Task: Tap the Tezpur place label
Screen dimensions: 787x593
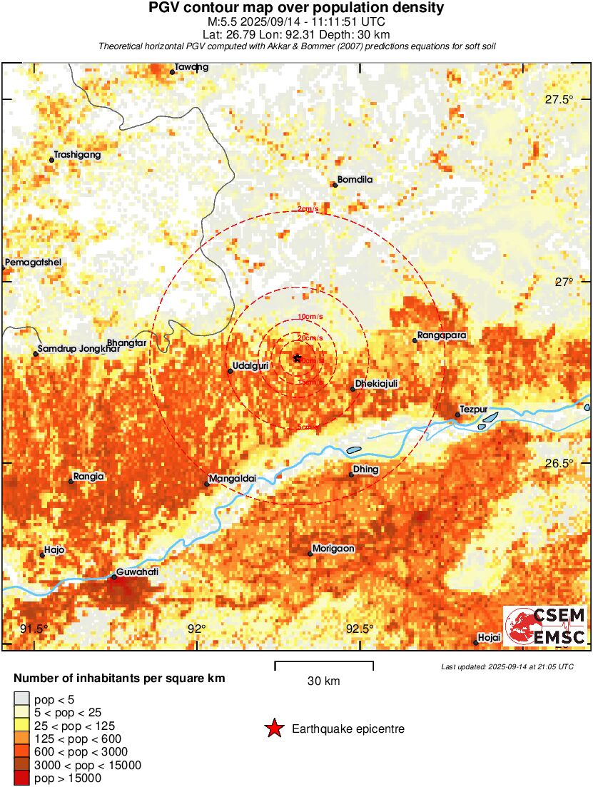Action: pos(473,409)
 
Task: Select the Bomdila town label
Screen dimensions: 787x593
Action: pos(355,180)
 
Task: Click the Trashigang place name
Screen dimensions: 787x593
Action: pos(77,154)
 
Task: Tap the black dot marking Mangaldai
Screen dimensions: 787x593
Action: pos(207,484)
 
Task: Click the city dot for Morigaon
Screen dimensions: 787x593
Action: pos(310,554)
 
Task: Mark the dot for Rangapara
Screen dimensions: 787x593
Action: pos(415,340)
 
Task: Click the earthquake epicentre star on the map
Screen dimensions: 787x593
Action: pos(298,357)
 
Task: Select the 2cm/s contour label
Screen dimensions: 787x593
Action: pos(308,210)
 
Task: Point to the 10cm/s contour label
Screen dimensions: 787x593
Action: pos(309,316)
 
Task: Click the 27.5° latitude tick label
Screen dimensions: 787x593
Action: pos(559,100)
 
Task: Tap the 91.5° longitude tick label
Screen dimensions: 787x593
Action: pos(34,629)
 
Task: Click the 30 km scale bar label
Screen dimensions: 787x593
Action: pos(323,681)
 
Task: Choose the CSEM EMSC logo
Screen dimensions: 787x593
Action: pos(546,626)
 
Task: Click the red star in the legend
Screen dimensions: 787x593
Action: pos(273,728)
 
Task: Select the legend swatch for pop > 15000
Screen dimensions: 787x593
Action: pos(21,778)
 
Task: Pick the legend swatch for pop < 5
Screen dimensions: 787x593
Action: pos(21,699)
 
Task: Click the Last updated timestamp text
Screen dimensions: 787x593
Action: pos(507,666)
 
